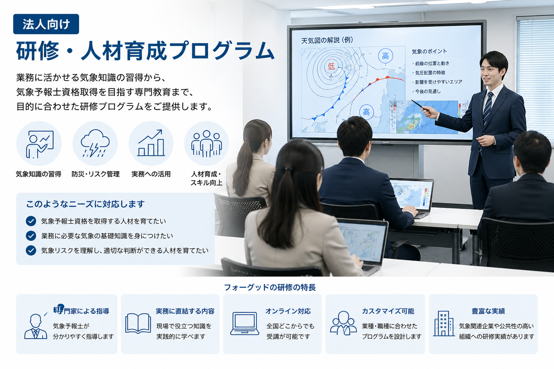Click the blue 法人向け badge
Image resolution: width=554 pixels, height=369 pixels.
(46, 24)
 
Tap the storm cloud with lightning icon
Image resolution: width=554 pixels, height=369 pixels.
(95, 143)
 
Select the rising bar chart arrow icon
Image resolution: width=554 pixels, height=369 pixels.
(151, 143)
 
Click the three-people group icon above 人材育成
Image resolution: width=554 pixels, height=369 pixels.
(206, 143)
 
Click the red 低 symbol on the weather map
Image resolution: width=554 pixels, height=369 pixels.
(331, 66)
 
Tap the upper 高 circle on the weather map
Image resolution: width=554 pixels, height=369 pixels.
(385, 56)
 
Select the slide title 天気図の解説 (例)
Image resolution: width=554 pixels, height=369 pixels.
(327, 40)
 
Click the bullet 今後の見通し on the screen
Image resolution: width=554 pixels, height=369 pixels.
(428, 92)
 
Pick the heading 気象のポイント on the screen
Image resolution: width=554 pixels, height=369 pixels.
(429, 52)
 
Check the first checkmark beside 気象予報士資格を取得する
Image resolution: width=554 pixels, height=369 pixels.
(31, 221)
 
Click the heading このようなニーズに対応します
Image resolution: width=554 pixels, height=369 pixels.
(85, 204)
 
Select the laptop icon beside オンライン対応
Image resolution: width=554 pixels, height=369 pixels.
(245, 323)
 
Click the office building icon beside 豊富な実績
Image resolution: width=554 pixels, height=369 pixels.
(443, 323)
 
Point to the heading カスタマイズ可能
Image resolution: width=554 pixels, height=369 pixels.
(388, 311)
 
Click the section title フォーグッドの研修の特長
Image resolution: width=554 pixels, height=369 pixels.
(269, 287)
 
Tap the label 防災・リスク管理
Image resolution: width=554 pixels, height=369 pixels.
(96, 174)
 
